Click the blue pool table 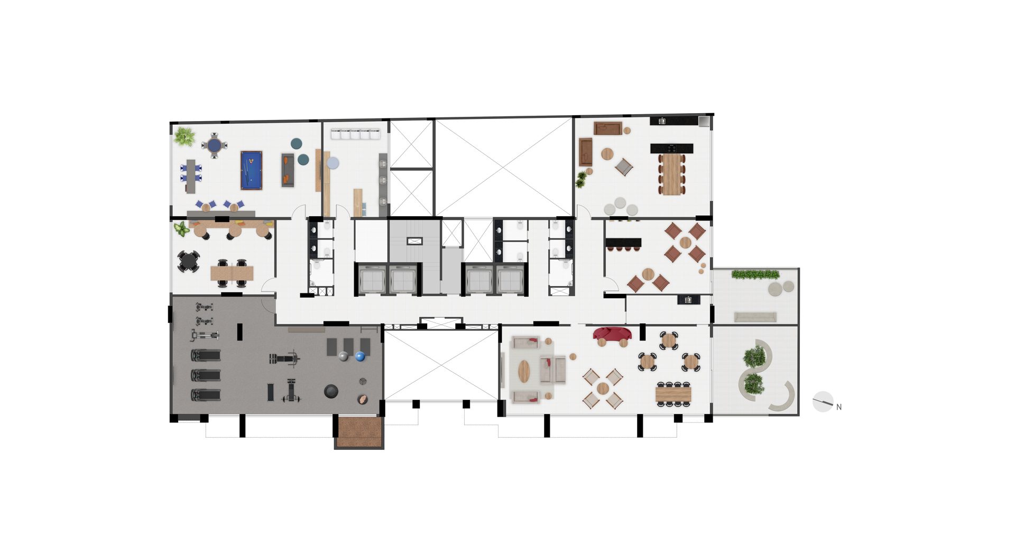click(251, 170)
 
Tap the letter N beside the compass click(839, 407)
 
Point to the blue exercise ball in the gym click(360, 356)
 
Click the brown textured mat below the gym click(359, 432)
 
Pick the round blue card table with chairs click(214, 145)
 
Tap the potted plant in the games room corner click(184, 136)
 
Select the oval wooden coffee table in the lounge click(523, 371)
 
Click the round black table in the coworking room click(188, 262)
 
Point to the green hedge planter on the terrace click(755, 274)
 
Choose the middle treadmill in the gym click(206, 375)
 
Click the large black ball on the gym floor click(331, 391)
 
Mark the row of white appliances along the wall click(356, 134)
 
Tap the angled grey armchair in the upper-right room click(624, 167)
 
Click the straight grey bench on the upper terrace click(755, 317)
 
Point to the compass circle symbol click(823, 402)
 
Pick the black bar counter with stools click(623, 244)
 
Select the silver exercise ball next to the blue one click(344, 356)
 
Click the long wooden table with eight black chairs click(673, 394)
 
